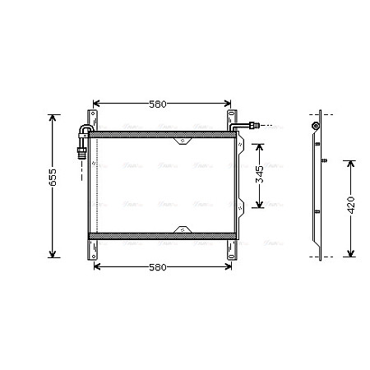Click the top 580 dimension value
[158, 104]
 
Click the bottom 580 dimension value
[158, 267]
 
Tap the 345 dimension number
[260, 175]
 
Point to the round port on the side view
[316, 126]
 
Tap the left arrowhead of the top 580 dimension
[99, 104]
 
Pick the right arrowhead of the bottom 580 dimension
[224, 267]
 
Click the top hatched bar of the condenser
[160, 132]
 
